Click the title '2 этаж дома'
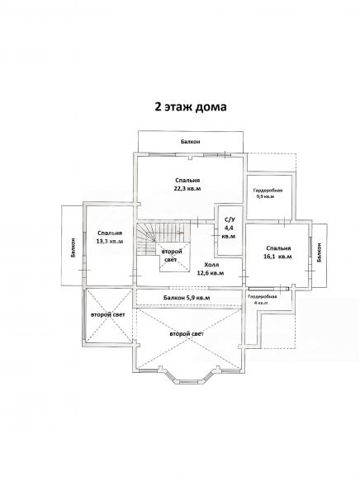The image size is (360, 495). point(191,106)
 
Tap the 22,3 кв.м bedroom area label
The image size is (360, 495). point(187,184)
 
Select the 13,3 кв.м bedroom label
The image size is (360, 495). point(110,237)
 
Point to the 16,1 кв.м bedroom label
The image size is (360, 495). point(277,252)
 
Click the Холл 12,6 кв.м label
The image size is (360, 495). point(211,269)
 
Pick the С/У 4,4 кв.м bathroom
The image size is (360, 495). point(228,228)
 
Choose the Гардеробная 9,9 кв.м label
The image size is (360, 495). point(268,193)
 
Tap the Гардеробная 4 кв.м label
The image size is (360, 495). point(263,299)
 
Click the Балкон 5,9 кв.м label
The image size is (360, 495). point(187,298)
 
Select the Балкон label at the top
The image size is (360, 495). point(190,142)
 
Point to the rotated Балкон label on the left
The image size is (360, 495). point(73,247)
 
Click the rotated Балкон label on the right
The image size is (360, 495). point(320,252)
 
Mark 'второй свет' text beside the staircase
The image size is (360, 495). point(172,256)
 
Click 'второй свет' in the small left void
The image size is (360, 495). point(108,315)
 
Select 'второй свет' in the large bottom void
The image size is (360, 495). point(187,334)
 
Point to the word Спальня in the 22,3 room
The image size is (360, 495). point(187,180)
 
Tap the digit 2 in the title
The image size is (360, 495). point(158,106)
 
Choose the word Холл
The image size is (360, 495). point(211,265)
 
